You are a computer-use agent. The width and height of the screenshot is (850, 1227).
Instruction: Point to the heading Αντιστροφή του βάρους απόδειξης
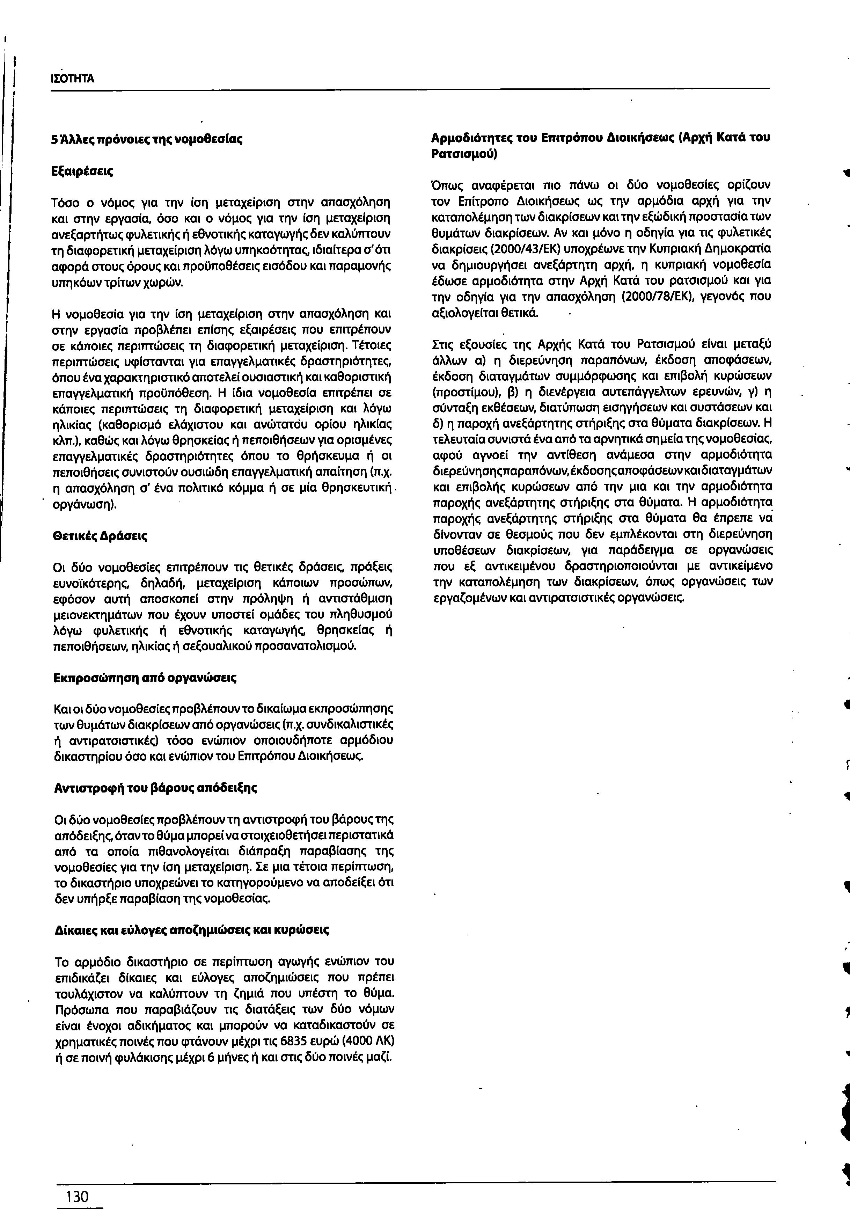[x=155, y=788]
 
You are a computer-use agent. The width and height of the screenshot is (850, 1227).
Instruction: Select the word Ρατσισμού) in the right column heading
[x=463, y=154]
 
